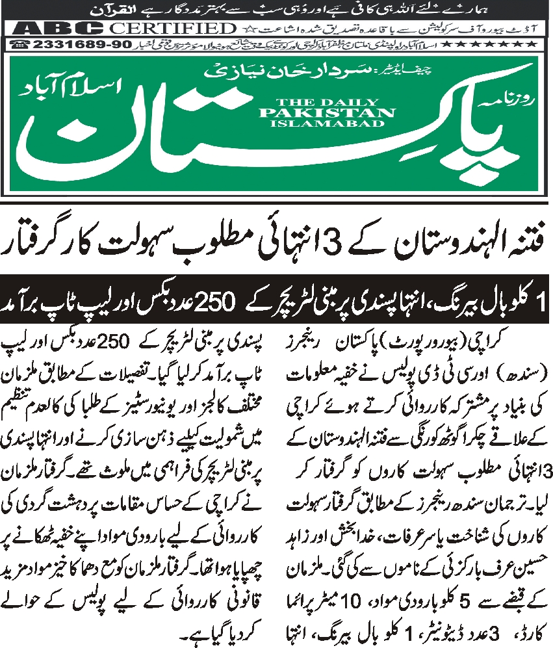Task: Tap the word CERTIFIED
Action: click(x=172, y=28)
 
